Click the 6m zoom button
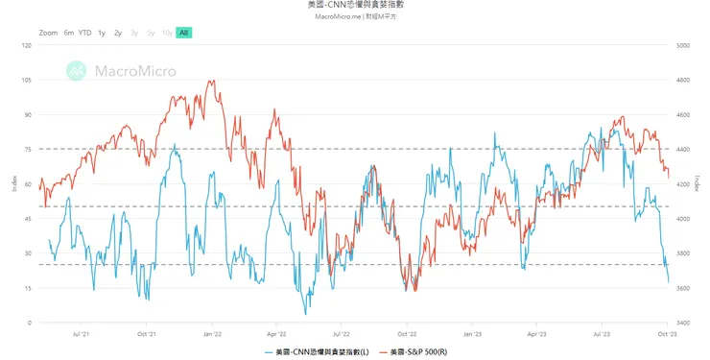pyautogui.click(x=69, y=33)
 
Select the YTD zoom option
pyautogui.click(x=85, y=33)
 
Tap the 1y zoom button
pyautogui.click(x=102, y=33)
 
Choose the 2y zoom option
pyautogui.click(x=117, y=33)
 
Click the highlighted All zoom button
pyautogui.click(x=184, y=33)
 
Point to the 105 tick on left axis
pyautogui.click(x=26, y=80)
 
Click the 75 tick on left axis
pyautogui.click(x=28, y=149)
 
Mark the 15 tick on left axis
pyautogui.click(x=28, y=288)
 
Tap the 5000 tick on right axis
pyautogui.click(x=683, y=45)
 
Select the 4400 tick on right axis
pyautogui.click(x=683, y=149)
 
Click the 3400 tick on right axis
pyautogui.click(x=683, y=323)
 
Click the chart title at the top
pyautogui.click(x=354, y=6)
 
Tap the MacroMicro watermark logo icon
pyautogui.click(x=76, y=69)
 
